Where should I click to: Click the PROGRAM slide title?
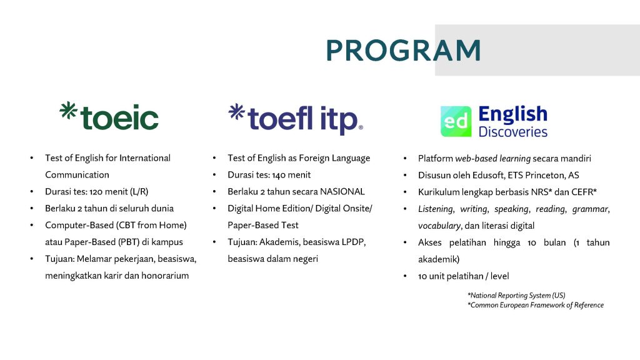pyautogui.click(x=403, y=51)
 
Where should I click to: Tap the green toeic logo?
pyautogui.click(x=109, y=116)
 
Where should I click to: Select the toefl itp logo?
pyautogui.click(x=296, y=119)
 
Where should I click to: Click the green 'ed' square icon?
pyautogui.click(x=456, y=121)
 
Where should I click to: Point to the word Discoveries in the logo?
pyautogui.click(x=513, y=132)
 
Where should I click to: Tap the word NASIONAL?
pyautogui.click(x=342, y=191)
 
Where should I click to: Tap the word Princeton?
pyautogui.click(x=544, y=175)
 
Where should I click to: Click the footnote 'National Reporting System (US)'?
pyautogui.click(x=516, y=296)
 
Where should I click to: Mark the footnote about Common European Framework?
pyautogui.click(x=536, y=305)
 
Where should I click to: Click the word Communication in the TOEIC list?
pyautogui.click(x=77, y=175)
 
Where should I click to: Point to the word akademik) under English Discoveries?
pyautogui.click(x=439, y=259)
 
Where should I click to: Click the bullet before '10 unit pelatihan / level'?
pyautogui.click(x=405, y=276)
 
